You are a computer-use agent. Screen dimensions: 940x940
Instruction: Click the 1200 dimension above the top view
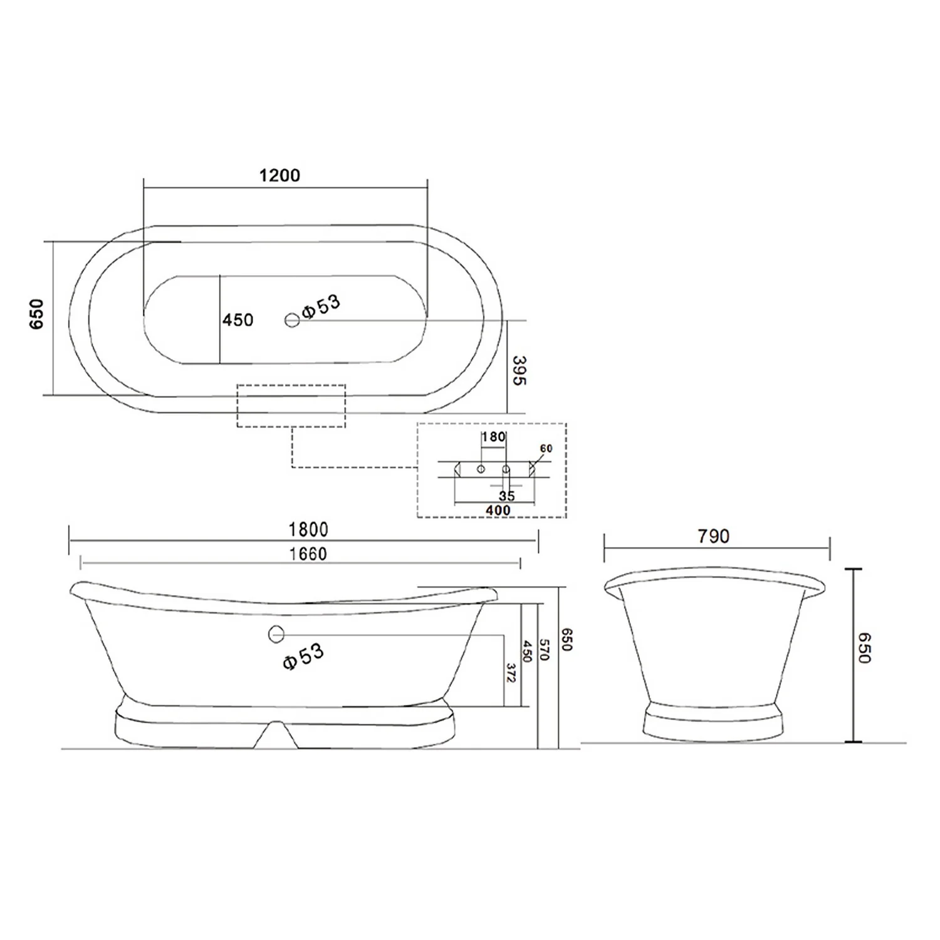click(x=279, y=175)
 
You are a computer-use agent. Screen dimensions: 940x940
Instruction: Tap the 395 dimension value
click(x=519, y=370)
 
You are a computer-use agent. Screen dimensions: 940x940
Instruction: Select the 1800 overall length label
click(x=308, y=530)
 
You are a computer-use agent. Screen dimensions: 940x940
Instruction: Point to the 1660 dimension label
click(x=308, y=554)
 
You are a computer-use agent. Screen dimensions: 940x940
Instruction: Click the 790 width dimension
click(x=713, y=536)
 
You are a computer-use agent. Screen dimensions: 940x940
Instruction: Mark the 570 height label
click(x=544, y=649)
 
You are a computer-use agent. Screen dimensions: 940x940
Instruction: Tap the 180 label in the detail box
click(x=493, y=437)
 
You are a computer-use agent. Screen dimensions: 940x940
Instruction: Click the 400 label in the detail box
click(x=498, y=511)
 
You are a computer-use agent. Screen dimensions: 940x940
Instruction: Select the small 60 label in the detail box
click(x=546, y=449)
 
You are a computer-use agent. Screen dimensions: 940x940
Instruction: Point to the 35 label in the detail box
click(x=506, y=496)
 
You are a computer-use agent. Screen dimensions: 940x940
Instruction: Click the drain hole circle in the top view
click(x=292, y=320)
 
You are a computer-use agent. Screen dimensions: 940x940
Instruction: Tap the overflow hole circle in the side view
click(x=276, y=634)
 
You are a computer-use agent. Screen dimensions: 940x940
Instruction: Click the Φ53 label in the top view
click(x=321, y=306)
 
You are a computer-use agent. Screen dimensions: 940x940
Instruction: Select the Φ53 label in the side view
click(x=303, y=657)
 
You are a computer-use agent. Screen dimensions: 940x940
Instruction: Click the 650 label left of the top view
click(x=37, y=314)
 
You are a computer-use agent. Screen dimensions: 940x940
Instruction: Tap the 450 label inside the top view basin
click(x=238, y=320)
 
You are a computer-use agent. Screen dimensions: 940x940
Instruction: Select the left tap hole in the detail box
click(x=481, y=469)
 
